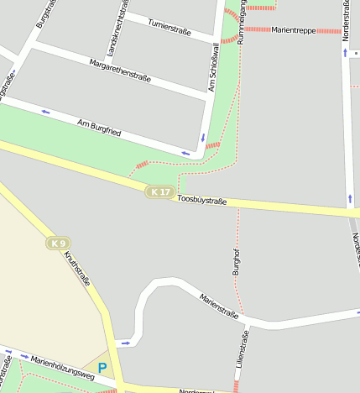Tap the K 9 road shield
tap(57, 244)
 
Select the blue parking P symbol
tap(102, 368)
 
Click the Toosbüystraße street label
tap(202, 201)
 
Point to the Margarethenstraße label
tap(120, 71)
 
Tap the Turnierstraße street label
tap(170, 25)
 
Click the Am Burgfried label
tap(99, 128)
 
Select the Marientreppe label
tap(293, 30)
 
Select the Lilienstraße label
tap(245, 354)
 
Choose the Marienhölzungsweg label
tap(64, 369)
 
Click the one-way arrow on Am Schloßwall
tap(202, 137)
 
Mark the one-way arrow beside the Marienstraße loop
tap(124, 343)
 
